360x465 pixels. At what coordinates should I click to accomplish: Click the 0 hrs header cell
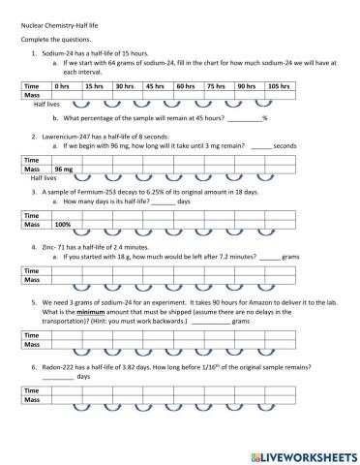(65, 86)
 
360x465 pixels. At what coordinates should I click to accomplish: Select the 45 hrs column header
(155, 86)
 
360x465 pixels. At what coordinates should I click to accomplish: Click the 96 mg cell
(64, 169)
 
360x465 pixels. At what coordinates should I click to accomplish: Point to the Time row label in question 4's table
(32, 269)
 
